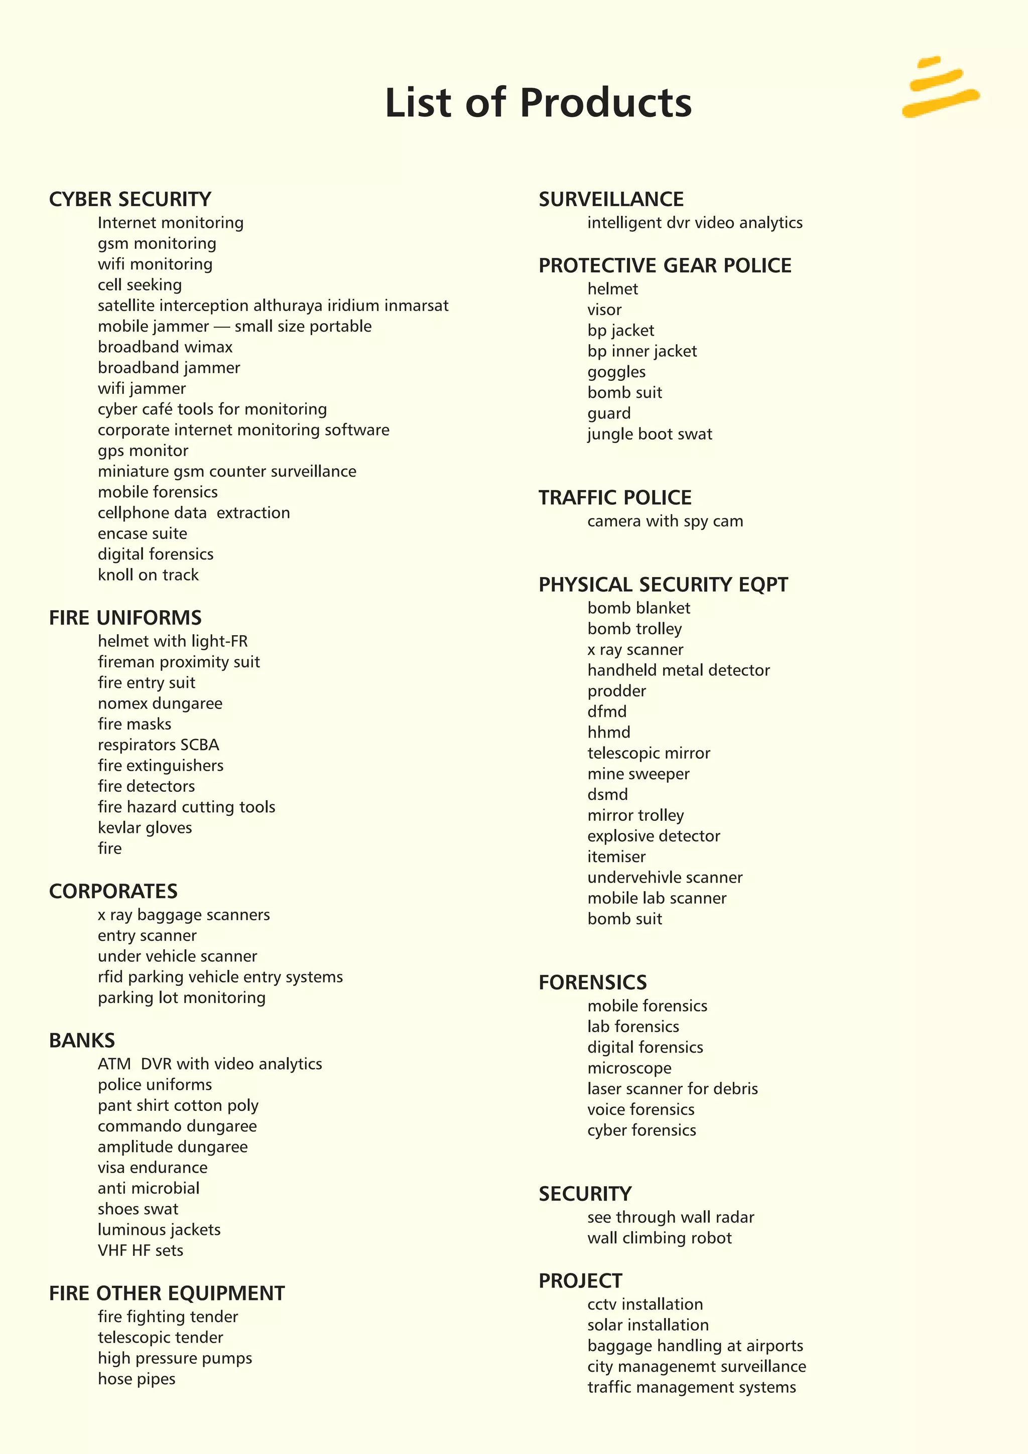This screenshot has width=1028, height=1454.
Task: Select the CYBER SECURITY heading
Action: pyautogui.click(x=130, y=200)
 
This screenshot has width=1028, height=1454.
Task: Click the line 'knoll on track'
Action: pyautogui.click(x=148, y=575)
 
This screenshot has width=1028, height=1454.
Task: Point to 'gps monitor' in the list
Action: pyautogui.click(x=143, y=451)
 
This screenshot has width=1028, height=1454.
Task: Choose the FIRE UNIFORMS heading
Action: pyautogui.click(x=125, y=618)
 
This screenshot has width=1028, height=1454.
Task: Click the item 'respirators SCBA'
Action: pyautogui.click(x=158, y=745)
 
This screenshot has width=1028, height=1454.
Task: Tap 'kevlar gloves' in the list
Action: pyautogui.click(x=145, y=828)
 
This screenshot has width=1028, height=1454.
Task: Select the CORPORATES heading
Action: pyautogui.click(x=113, y=891)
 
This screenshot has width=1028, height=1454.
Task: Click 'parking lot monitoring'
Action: pyautogui.click(x=181, y=998)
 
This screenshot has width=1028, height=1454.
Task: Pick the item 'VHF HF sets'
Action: pyautogui.click(x=140, y=1251)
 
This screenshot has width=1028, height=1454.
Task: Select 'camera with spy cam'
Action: pyautogui.click(x=665, y=521)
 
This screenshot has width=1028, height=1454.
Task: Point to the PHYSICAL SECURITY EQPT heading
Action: pyautogui.click(x=663, y=585)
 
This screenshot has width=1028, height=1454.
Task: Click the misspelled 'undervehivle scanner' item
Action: pyautogui.click(x=665, y=878)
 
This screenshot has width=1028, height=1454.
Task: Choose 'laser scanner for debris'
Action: pyautogui.click(x=672, y=1089)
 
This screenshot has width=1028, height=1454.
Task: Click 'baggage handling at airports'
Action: pyautogui.click(x=695, y=1346)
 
